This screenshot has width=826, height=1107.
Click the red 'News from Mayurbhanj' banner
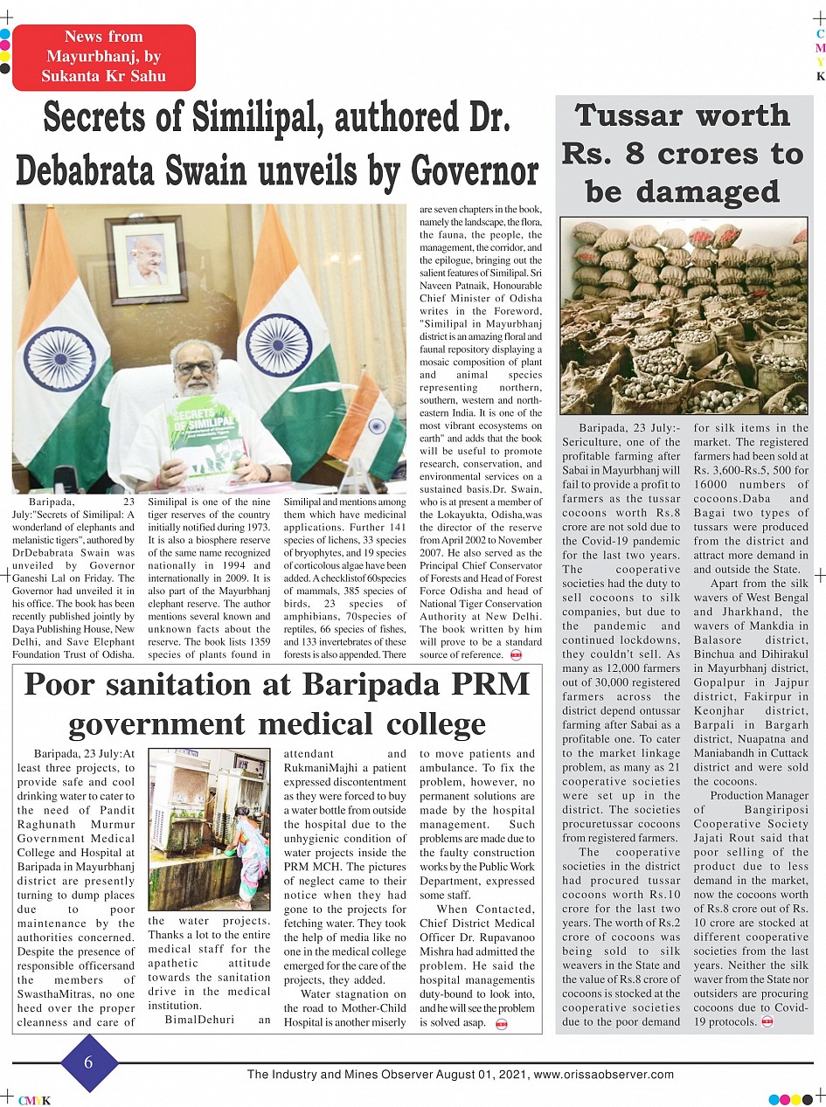coord(103,57)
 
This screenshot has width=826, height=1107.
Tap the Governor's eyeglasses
coord(197,366)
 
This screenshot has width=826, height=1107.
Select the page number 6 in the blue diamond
coord(88,1062)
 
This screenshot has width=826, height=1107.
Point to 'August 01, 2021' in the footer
coord(481,1075)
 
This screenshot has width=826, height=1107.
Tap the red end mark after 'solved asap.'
coord(502,1023)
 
